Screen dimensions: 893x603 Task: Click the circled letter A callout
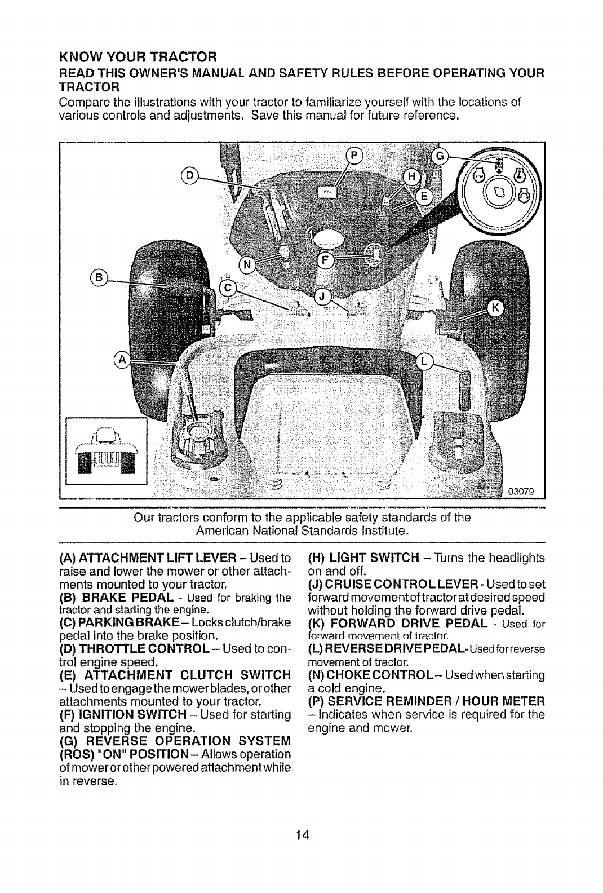pos(122,359)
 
